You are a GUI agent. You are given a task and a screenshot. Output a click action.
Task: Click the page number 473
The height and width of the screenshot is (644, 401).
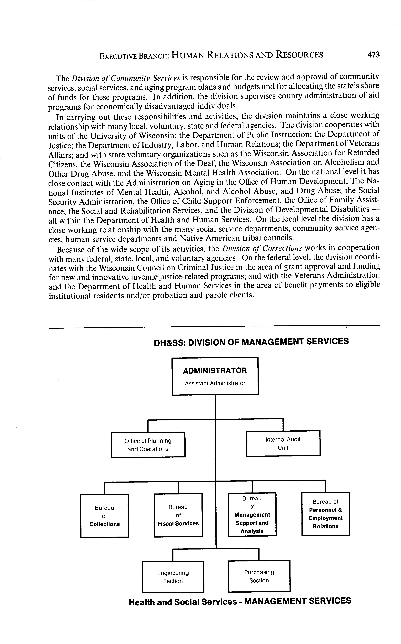click(x=373, y=55)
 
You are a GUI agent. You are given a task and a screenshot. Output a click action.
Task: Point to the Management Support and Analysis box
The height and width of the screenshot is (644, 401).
click(x=252, y=514)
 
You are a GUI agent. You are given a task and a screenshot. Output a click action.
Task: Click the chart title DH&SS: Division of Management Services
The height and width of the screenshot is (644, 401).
click(x=251, y=342)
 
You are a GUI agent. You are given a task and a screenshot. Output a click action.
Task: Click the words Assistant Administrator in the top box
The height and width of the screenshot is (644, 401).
click(x=215, y=383)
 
